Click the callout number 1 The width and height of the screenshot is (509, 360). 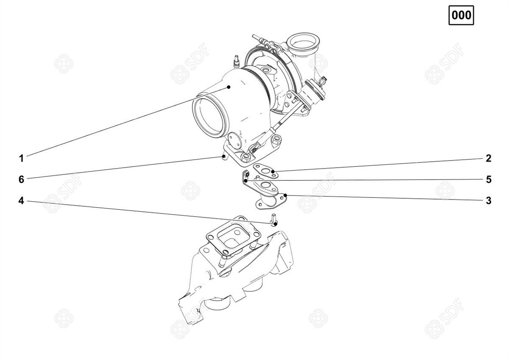[21, 158]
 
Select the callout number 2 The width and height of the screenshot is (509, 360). [489, 158]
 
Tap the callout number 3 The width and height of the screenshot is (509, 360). [489, 200]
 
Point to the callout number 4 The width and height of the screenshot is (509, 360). [21, 200]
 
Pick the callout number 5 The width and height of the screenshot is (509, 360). [489, 180]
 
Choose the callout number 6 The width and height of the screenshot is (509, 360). [21, 180]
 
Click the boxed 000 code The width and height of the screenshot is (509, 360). [461, 15]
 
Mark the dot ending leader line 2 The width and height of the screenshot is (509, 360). [273, 171]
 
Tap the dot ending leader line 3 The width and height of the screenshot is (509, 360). [285, 195]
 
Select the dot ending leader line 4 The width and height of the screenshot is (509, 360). [275, 224]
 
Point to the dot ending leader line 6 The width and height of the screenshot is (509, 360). [224, 156]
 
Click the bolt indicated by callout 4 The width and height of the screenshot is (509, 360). [274, 219]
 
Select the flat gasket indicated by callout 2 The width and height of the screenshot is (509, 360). [266, 171]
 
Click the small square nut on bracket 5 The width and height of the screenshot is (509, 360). [247, 174]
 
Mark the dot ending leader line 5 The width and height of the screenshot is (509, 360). [246, 180]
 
